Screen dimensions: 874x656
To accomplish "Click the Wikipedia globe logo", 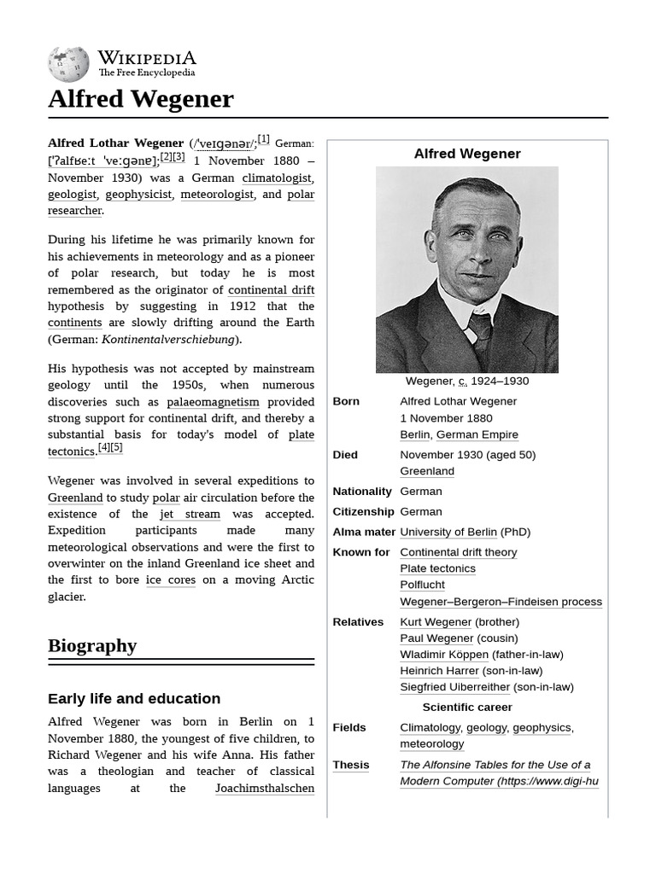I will pyautogui.click(x=68, y=64).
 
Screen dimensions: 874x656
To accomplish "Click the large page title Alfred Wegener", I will pyautogui.click(x=140, y=99).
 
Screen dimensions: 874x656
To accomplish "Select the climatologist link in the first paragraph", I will pyautogui.click(x=277, y=178).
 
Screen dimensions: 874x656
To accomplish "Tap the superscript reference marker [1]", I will pyautogui.click(x=263, y=139).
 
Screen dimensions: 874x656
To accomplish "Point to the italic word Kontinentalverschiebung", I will pyautogui.click(x=167, y=339).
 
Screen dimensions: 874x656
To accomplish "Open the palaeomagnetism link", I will pyautogui.click(x=213, y=401).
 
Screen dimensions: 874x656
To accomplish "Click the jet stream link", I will pyautogui.click(x=190, y=514).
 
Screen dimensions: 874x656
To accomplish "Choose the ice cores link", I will pyautogui.click(x=171, y=580).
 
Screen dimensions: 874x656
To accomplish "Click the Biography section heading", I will pyautogui.click(x=92, y=645).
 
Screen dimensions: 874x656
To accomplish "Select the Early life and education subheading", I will pyautogui.click(x=134, y=698).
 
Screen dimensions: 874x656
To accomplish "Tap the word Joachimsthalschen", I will pyautogui.click(x=265, y=788).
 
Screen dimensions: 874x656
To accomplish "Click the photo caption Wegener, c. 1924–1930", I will pyautogui.click(x=466, y=382).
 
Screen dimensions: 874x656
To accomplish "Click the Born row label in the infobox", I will pyautogui.click(x=346, y=401).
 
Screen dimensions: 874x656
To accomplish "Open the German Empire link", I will pyautogui.click(x=477, y=434).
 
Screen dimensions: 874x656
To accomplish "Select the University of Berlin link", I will pyautogui.click(x=448, y=532).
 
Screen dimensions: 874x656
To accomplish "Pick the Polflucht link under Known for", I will pyautogui.click(x=422, y=585).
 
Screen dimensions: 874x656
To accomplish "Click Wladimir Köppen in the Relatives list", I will pyautogui.click(x=444, y=655).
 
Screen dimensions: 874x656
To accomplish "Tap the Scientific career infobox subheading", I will pyautogui.click(x=467, y=707).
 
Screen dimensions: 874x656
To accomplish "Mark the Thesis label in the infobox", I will pyautogui.click(x=351, y=765).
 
